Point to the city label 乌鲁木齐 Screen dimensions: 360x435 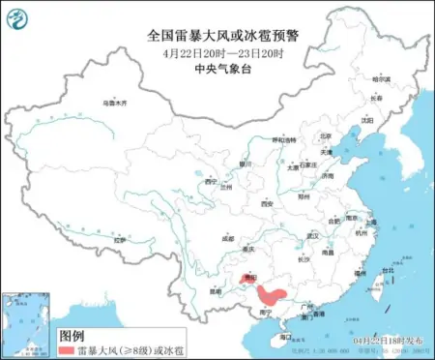click(x=115, y=102)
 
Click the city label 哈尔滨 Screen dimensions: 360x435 click(x=384, y=79)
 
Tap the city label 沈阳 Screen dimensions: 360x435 click(x=366, y=120)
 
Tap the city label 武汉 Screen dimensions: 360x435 click(x=311, y=235)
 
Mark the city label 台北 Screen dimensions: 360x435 click(x=387, y=270)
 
